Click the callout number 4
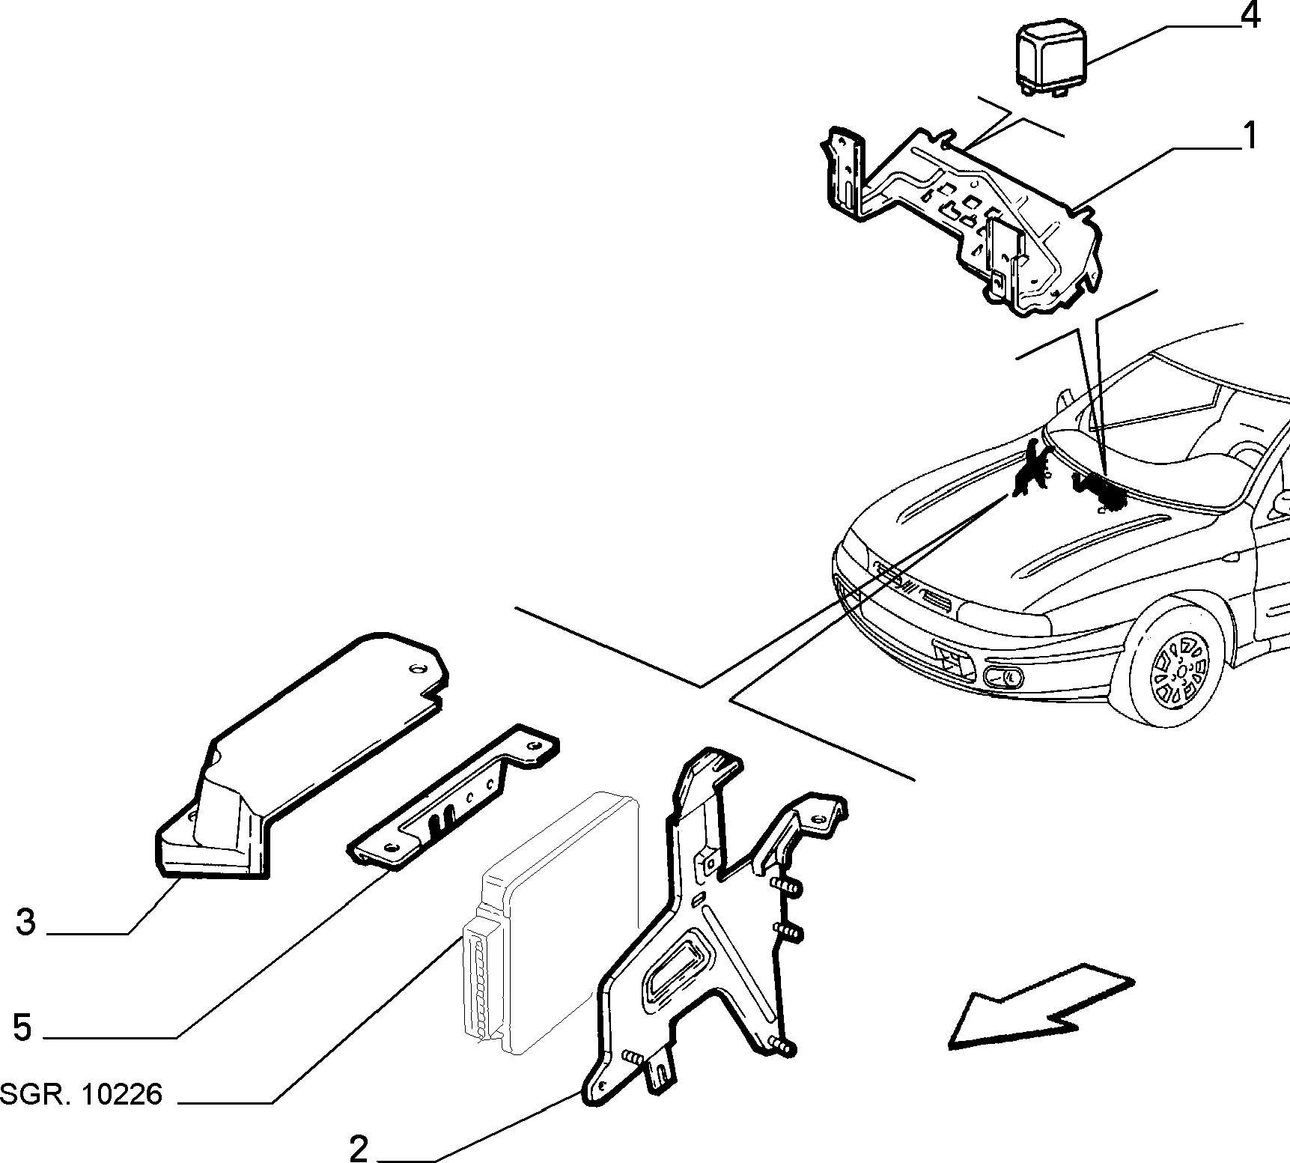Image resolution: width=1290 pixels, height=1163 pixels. click(1250, 15)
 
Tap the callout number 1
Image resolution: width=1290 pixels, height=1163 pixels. click(1247, 136)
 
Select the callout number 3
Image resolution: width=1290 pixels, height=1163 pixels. click(26, 922)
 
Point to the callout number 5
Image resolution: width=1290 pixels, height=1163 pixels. click(22, 1027)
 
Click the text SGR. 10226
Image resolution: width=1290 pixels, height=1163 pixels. click(81, 1095)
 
